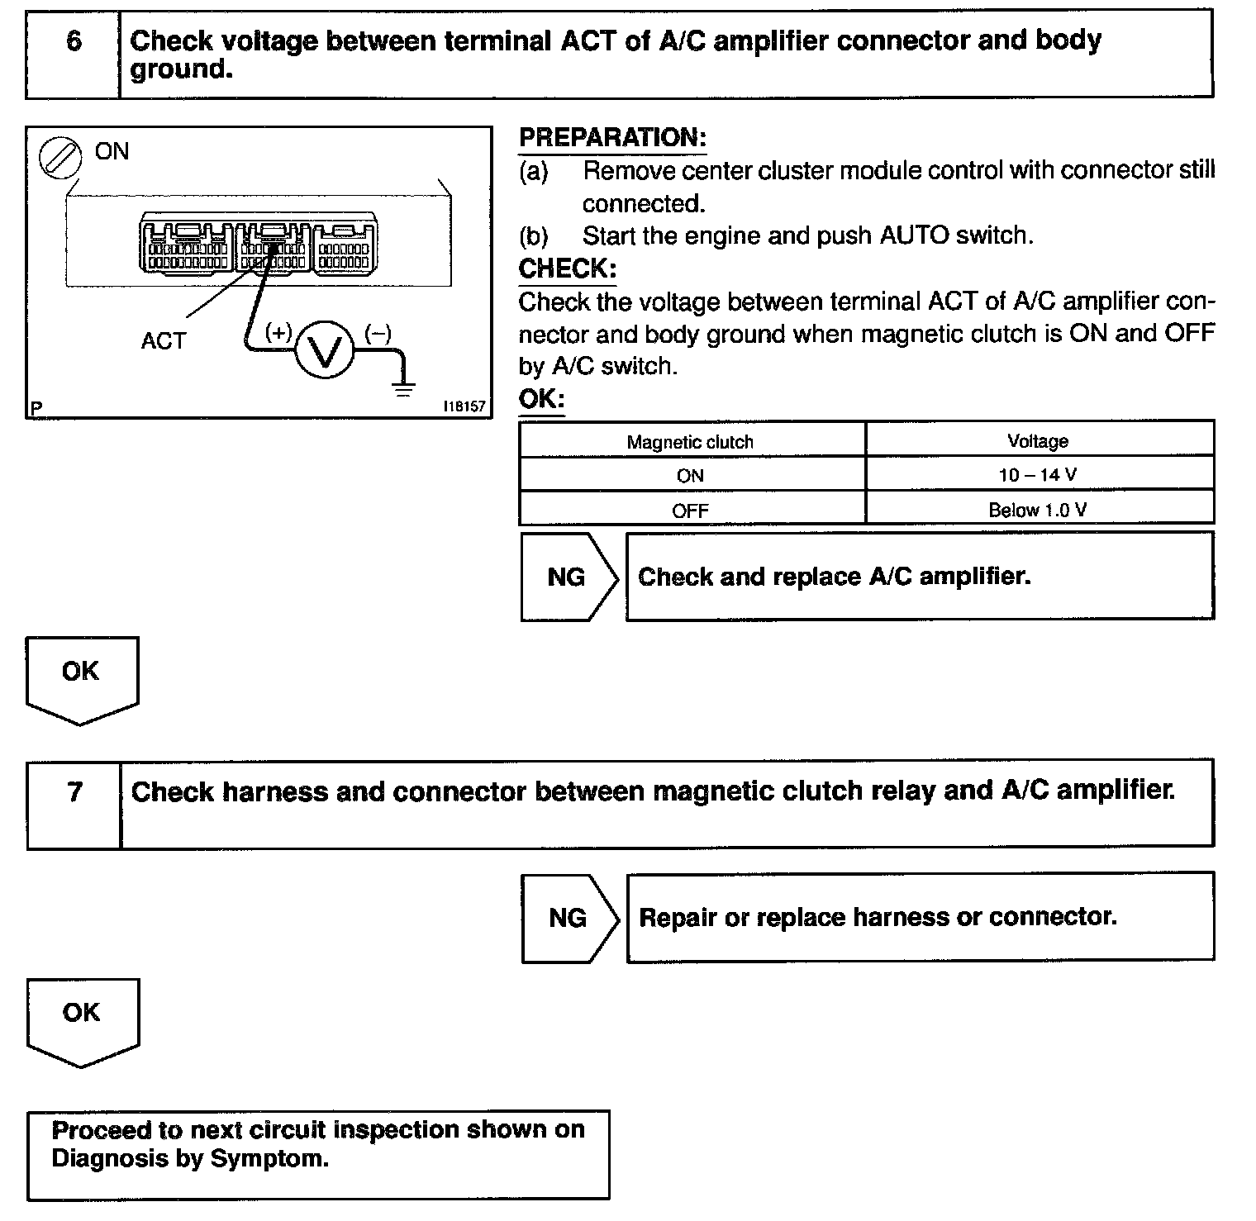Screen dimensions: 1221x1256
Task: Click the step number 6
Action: click(74, 41)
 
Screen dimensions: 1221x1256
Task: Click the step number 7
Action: click(74, 792)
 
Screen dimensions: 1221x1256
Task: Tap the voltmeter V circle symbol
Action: click(324, 351)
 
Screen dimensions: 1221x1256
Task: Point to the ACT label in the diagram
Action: click(164, 340)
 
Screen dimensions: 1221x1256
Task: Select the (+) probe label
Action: click(278, 332)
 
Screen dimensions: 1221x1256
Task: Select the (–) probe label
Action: click(378, 333)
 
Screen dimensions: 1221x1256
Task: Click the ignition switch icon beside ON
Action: click(61, 157)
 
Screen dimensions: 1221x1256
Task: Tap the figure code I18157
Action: click(464, 406)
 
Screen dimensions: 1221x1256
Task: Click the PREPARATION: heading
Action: click(612, 138)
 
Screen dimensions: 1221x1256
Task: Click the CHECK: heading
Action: click(567, 268)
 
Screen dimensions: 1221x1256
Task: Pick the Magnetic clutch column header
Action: click(690, 442)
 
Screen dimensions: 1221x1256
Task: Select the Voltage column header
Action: click(1038, 441)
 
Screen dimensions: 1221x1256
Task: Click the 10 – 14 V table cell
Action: click(1038, 475)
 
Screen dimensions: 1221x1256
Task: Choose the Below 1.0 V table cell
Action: click(1038, 510)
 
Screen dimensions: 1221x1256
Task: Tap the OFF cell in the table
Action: click(690, 511)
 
